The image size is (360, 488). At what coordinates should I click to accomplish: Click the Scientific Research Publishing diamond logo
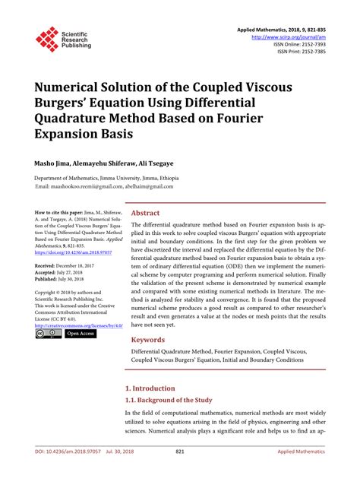[x=48, y=40]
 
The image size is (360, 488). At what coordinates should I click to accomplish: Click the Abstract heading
[x=146, y=214]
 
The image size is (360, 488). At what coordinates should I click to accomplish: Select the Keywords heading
[x=149, y=339]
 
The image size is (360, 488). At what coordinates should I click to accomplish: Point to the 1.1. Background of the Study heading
[x=169, y=400]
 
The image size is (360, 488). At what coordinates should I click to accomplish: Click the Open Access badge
[x=81, y=333]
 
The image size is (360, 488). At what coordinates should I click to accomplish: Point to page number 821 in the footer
[x=180, y=473]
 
